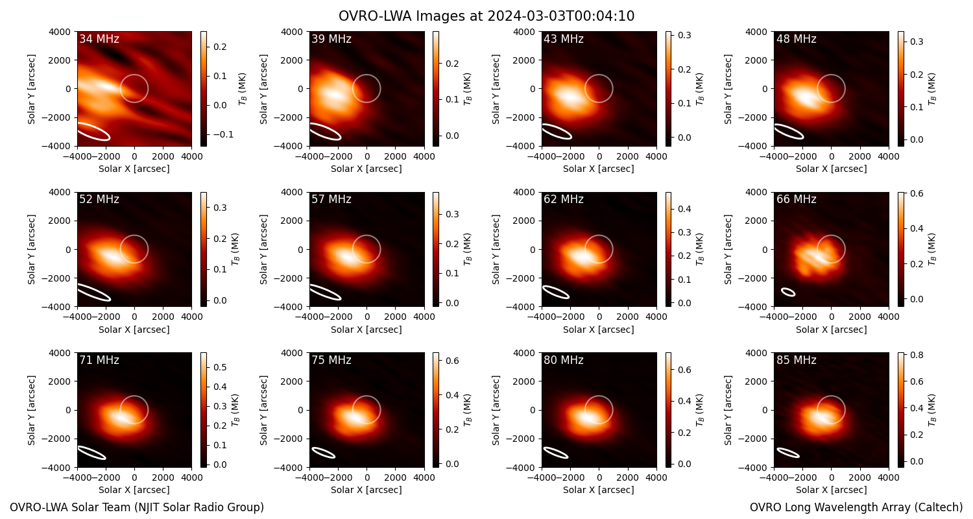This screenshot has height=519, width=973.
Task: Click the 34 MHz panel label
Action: (99, 39)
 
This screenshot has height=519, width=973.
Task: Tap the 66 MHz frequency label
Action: (796, 199)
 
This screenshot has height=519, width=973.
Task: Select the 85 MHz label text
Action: (796, 360)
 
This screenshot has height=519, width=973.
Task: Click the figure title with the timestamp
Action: (486, 16)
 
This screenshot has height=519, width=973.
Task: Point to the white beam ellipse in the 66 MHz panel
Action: (788, 292)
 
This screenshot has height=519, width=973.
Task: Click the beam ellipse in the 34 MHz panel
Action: (94, 132)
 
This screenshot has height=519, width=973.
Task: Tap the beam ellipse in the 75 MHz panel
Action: (324, 453)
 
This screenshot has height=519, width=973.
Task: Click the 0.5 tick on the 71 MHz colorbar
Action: (221, 367)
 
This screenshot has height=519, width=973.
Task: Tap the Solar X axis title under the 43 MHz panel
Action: (599, 169)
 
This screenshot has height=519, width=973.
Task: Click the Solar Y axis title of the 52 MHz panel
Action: (31, 250)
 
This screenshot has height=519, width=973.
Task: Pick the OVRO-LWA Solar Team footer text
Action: (137, 507)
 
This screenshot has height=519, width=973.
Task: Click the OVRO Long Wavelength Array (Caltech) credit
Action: (856, 507)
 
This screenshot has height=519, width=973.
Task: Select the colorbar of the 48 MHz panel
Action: (901, 89)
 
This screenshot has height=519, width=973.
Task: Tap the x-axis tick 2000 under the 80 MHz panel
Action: (627, 477)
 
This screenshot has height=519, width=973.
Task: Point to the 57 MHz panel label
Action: (331, 199)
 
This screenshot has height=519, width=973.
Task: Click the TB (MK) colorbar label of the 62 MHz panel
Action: (700, 250)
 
